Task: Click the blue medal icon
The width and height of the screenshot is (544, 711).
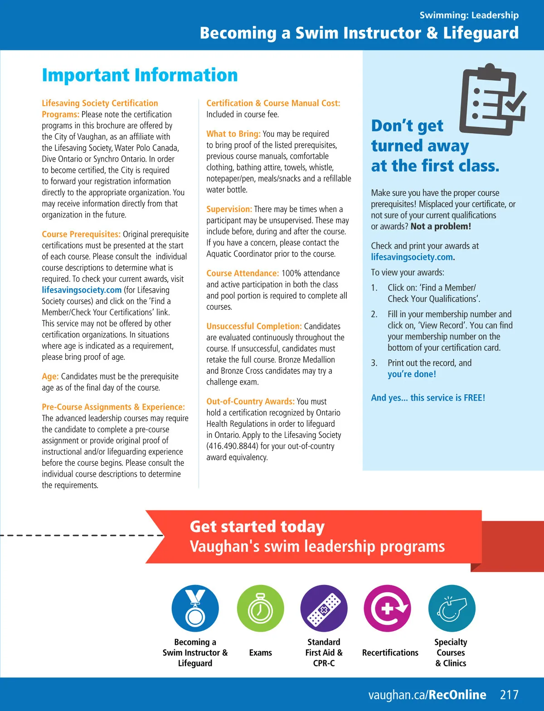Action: coord(195,608)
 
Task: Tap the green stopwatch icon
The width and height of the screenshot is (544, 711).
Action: coord(260,608)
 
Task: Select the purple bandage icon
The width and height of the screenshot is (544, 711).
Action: coord(324,608)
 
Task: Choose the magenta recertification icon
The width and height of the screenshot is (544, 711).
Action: coord(388,608)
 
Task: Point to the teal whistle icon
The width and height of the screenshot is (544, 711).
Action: coord(452,608)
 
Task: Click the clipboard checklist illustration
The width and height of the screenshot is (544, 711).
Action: coord(492,99)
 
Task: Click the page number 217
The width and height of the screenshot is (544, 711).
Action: coord(509,695)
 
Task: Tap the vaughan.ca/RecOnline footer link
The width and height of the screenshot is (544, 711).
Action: coord(427,695)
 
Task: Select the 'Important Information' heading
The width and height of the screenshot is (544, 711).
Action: coord(140,75)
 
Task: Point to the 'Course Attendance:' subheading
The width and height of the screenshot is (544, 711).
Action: coord(243,273)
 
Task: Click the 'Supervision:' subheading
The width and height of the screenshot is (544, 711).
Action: coord(229,209)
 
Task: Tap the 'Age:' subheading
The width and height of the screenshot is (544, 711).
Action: coord(50,376)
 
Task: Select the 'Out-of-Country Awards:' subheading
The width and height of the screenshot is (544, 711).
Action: coord(250,401)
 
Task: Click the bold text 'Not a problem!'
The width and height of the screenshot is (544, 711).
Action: coord(441,226)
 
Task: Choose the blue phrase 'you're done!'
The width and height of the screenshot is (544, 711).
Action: coord(412,374)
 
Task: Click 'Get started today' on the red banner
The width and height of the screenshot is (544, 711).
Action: coord(257,527)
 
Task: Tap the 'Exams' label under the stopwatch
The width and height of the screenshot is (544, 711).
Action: coord(261,653)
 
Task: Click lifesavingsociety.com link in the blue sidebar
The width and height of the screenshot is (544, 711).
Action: coord(412,257)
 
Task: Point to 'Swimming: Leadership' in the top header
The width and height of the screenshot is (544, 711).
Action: coord(469,15)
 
